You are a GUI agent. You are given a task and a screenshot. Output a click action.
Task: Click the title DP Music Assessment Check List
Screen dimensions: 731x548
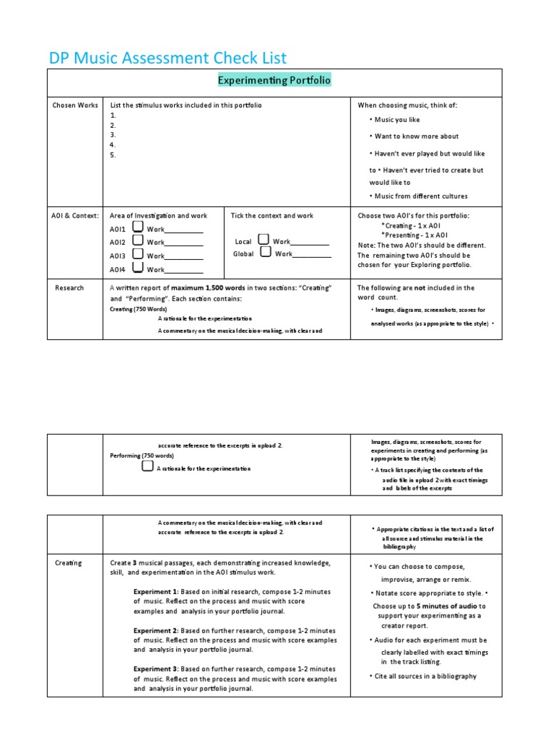(167, 58)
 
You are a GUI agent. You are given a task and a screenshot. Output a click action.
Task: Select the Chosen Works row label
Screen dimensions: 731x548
(75, 106)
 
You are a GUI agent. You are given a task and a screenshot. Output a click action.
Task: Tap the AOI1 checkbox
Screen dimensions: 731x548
(138, 227)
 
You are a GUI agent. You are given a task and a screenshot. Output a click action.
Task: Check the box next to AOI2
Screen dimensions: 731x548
(138, 241)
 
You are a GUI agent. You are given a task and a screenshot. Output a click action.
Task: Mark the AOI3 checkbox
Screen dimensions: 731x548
(138, 255)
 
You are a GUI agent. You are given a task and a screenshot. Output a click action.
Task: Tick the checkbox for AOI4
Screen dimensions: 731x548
(138, 268)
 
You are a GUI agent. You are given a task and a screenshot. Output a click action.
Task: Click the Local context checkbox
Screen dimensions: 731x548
(263, 240)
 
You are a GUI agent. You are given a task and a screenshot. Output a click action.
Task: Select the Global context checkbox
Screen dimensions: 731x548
(265, 252)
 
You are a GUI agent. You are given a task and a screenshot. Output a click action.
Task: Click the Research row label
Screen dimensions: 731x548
(69, 288)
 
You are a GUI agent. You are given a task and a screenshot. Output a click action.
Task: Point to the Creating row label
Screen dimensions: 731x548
(68, 563)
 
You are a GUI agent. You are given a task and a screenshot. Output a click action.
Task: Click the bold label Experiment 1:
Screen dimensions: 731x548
(156, 592)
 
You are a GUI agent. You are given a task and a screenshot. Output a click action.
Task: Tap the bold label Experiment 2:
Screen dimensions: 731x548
(156, 630)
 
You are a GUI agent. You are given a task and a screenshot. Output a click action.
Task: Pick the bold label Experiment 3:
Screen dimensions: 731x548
(156, 669)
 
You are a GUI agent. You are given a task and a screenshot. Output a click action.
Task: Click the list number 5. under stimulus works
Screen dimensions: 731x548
(113, 155)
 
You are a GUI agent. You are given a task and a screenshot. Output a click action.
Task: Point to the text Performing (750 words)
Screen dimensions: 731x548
(141, 455)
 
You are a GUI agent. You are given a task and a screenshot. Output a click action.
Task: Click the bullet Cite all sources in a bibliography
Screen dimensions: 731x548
(425, 675)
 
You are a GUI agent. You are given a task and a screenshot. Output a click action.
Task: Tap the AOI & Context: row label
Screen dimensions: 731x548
(75, 216)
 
